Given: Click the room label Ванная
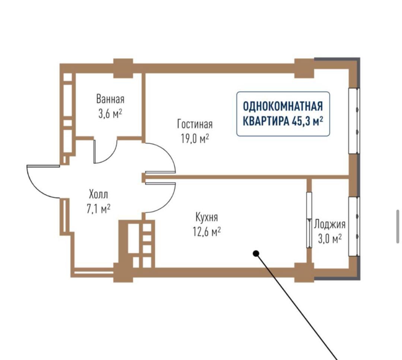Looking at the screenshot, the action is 110,99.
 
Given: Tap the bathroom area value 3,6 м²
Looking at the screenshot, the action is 110,114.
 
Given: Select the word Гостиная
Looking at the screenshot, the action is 195,124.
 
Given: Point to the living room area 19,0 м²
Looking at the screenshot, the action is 195,139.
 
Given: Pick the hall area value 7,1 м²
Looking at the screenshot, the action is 98,209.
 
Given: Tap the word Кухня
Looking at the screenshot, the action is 207,217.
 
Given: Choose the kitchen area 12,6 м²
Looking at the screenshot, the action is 207,232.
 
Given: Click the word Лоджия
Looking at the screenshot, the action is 330,224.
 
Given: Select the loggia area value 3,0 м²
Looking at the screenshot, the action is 330,239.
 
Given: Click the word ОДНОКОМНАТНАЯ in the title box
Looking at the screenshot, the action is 283,106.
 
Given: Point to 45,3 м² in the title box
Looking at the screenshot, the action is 307,121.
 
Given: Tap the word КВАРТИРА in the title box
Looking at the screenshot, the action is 265,121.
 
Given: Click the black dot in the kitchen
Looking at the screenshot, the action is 256,254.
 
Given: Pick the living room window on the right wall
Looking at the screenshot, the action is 354,121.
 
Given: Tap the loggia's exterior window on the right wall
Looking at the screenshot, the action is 354,226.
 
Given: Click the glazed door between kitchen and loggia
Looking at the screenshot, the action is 309,220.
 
